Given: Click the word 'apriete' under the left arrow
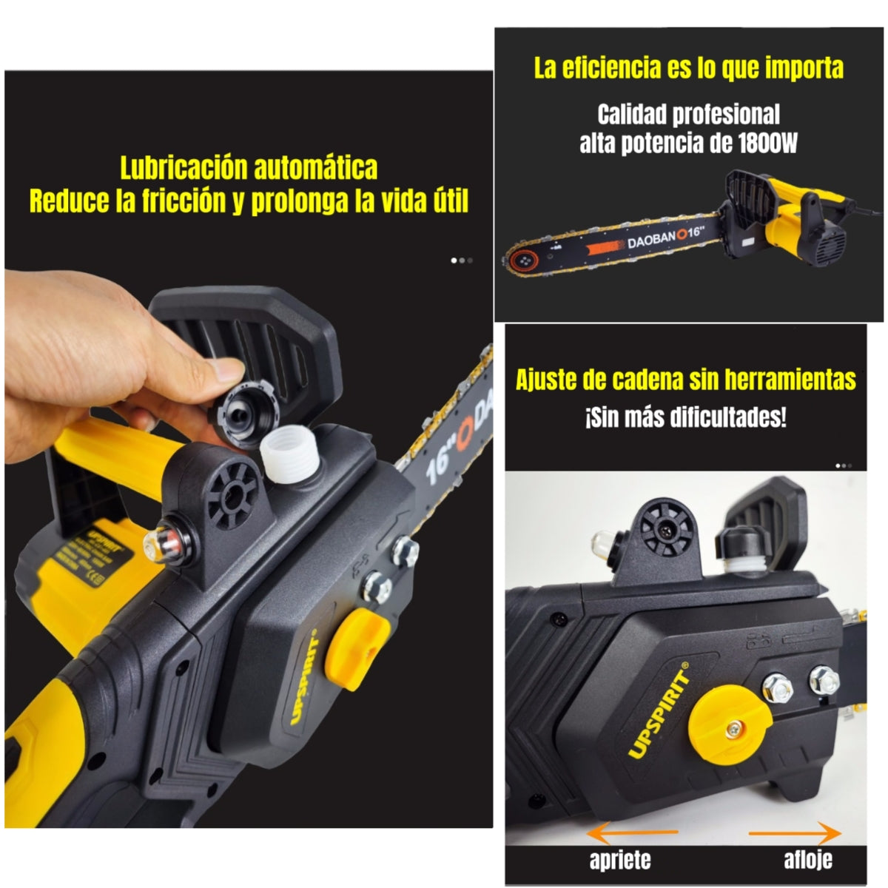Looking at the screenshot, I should [x=620, y=860].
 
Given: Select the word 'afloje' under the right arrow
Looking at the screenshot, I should [x=807, y=860].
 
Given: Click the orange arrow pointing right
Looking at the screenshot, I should [x=795, y=833].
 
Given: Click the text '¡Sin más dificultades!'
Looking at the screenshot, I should [x=685, y=417].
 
